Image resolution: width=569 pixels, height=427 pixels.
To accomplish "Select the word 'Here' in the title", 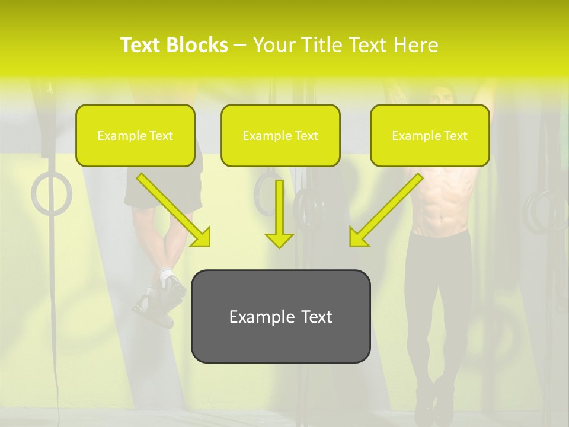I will [x=417, y=45].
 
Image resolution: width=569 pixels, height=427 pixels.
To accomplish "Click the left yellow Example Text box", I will [x=135, y=136].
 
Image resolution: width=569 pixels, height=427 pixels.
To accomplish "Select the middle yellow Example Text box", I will [x=280, y=136].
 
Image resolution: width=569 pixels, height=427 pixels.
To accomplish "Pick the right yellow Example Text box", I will [x=430, y=136].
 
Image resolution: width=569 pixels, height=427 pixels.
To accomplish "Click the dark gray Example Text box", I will [x=280, y=317].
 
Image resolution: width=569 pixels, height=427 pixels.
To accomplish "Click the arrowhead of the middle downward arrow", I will [x=279, y=240].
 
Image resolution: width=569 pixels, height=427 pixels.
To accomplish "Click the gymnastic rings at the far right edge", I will [x=545, y=211].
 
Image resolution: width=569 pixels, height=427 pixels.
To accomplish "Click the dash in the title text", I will [x=240, y=45].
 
